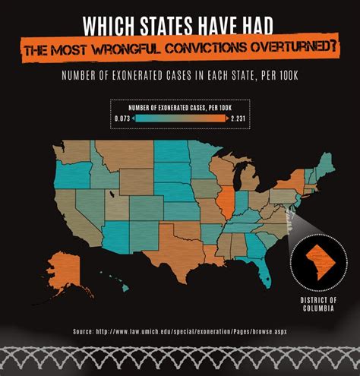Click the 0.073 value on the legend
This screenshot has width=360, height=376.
(x=122, y=119)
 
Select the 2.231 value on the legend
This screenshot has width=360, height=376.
(x=239, y=119)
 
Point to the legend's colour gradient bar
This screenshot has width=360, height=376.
(x=181, y=119)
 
